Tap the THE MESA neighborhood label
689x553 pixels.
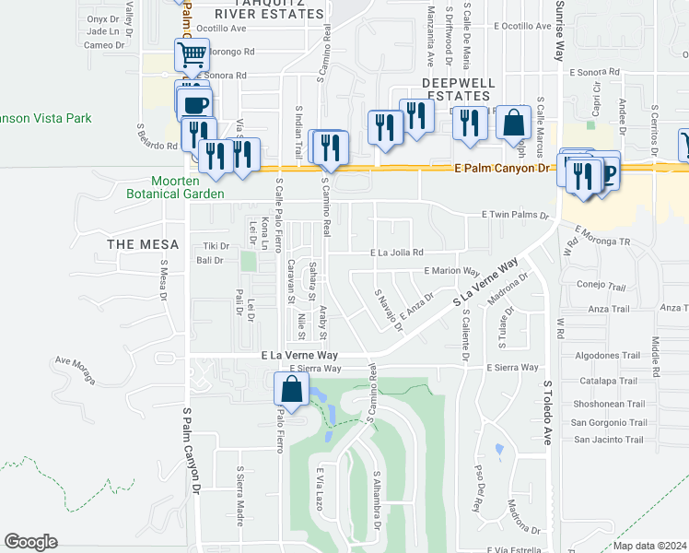coord(134,243)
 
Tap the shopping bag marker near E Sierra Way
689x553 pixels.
coord(291,390)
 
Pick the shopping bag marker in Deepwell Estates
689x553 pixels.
coord(513,123)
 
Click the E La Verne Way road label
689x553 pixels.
coord(299,354)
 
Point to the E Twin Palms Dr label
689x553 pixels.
coord(517,215)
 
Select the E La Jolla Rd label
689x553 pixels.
coord(396,252)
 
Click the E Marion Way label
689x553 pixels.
coord(451,271)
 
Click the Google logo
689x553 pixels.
coord(30,542)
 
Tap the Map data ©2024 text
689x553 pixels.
coord(649,546)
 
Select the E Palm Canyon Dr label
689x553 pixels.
coord(501,169)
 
